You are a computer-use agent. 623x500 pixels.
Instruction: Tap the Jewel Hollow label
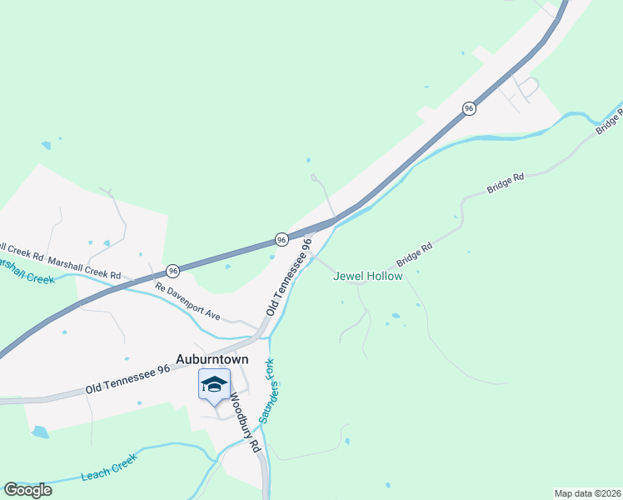tap(367, 276)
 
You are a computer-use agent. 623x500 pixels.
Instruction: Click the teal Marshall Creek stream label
tap(25, 271)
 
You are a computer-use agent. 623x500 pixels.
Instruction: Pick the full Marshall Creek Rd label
tap(84, 267)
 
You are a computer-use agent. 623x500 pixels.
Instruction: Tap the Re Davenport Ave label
tap(187, 302)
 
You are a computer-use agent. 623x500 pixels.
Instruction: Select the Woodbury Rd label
tap(245, 422)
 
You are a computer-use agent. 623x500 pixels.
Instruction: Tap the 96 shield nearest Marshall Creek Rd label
tap(172, 271)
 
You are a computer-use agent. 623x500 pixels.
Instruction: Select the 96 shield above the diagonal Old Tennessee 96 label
tap(282, 239)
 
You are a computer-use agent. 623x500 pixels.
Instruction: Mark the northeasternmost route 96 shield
tap(469, 108)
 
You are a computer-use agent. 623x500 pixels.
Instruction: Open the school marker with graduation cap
tap(214, 385)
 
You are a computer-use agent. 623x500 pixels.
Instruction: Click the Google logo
tap(27, 490)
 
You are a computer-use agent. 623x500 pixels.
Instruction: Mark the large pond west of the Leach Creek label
tap(39, 432)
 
